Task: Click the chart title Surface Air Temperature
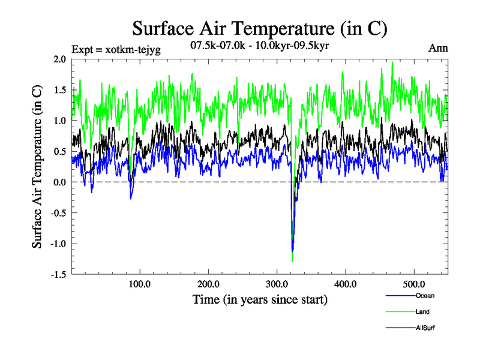pyautogui.click(x=260, y=28)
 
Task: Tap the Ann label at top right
pyautogui.click(x=439, y=47)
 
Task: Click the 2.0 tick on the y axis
pyautogui.click(x=60, y=59)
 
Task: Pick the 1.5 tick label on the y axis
pyautogui.click(x=60, y=89)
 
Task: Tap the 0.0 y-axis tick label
pyautogui.click(x=60, y=182)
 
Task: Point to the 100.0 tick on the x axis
pyautogui.click(x=140, y=284)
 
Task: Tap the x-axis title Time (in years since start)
pyautogui.click(x=260, y=299)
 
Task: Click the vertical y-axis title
pyautogui.click(x=37, y=167)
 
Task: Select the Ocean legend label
pyautogui.click(x=424, y=296)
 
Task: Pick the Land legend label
pyautogui.click(x=422, y=312)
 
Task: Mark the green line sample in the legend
pyautogui.click(x=398, y=312)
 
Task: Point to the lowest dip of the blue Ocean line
pyautogui.click(x=292, y=251)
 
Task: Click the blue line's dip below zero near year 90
pyautogui.click(x=131, y=198)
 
